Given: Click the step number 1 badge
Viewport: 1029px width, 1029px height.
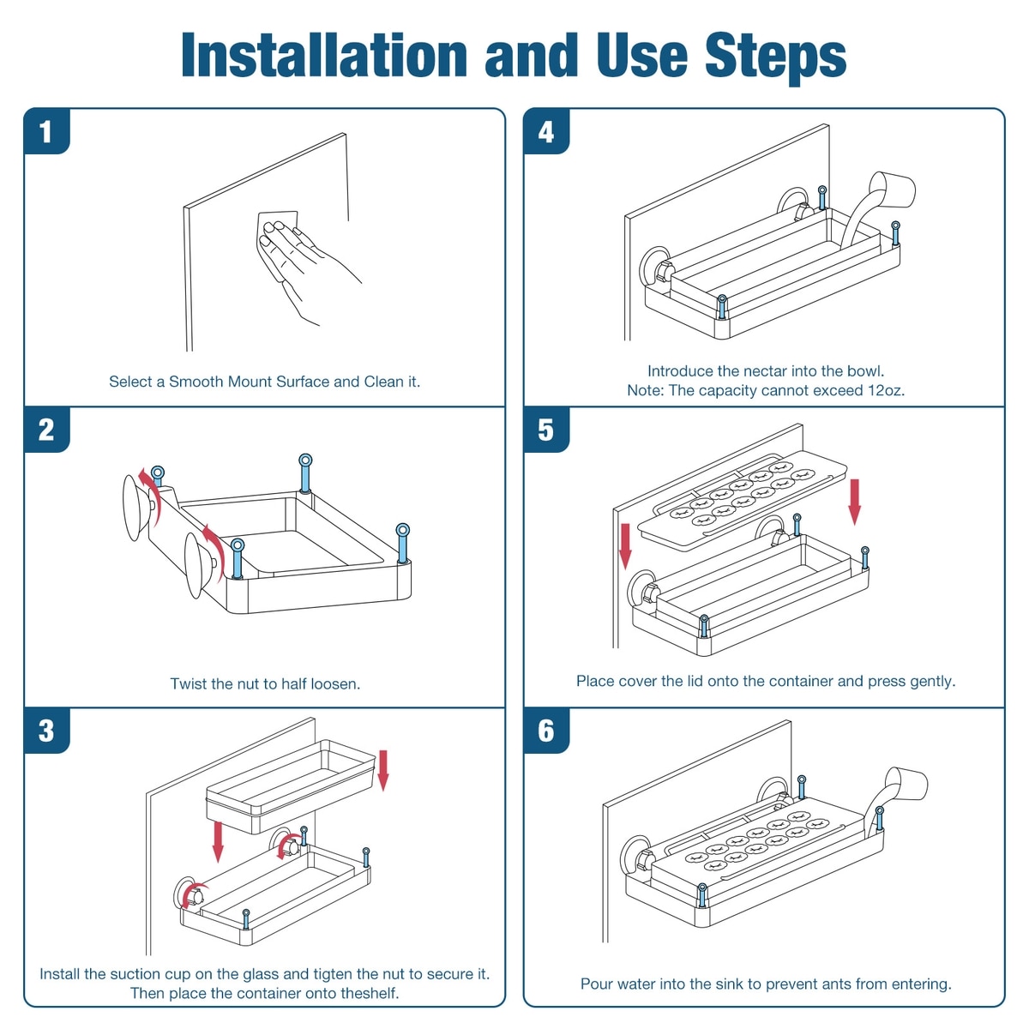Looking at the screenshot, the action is point(47,131).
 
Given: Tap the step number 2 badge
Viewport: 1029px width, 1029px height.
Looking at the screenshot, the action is point(47,430).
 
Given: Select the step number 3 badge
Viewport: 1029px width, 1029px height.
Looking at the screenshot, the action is point(47,731).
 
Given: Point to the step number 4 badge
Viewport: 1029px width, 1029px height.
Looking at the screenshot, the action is point(546,131).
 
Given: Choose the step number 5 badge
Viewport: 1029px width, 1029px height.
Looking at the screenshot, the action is point(546,430).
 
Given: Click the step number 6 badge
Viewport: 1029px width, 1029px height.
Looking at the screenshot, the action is point(546,731).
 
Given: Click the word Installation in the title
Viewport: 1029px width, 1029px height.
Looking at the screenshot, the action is point(324,56).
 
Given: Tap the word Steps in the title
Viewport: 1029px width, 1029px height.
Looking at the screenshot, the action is point(775,57).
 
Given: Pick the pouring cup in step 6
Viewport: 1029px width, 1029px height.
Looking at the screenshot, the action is point(906,785).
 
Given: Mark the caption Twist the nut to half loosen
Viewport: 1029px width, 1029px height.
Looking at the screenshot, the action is point(265,684).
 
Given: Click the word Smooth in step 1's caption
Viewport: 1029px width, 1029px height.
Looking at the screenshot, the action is point(196,382).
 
